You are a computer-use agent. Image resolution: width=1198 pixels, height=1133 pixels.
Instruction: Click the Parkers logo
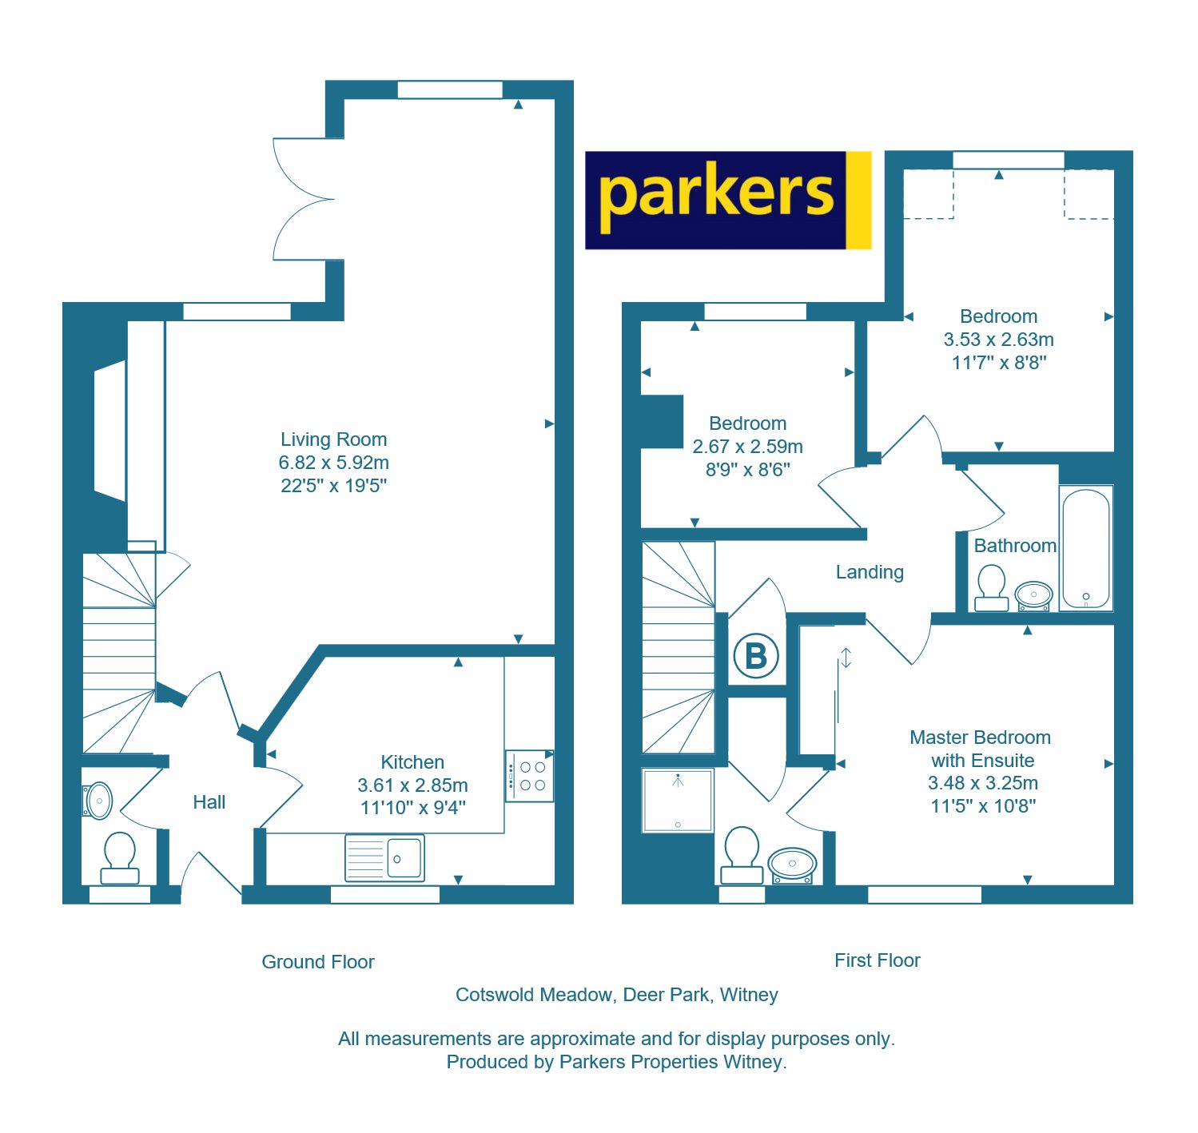click(727, 200)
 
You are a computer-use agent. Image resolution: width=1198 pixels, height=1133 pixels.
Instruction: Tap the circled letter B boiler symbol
click(755, 656)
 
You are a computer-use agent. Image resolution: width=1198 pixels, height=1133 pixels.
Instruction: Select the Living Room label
click(333, 439)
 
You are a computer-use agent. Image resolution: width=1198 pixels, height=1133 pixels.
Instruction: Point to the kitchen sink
click(384, 857)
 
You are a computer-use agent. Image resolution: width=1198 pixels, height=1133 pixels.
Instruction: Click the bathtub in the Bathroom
click(1085, 548)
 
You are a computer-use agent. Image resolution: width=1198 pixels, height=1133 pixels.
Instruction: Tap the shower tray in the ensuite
click(678, 800)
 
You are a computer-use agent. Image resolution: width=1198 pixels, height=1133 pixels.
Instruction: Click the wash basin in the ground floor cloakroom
click(98, 800)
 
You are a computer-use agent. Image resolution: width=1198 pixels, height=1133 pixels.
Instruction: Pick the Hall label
click(209, 802)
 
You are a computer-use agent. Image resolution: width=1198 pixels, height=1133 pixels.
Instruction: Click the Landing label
click(870, 572)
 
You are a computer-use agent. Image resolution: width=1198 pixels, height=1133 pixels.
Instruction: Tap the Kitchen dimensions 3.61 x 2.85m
click(412, 785)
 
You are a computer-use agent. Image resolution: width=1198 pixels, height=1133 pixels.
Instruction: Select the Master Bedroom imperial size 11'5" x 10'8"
click(983, 806)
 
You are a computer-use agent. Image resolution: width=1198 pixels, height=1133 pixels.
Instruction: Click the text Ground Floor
click(318, 962)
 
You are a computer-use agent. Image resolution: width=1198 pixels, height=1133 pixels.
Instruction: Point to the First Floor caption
click(877, 960)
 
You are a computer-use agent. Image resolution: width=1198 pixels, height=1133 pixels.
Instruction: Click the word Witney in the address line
click(749, 995)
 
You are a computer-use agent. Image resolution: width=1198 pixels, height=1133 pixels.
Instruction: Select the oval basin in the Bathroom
click(1033, 595)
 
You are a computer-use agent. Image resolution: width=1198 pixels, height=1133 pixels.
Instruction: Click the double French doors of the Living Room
click(304, 199)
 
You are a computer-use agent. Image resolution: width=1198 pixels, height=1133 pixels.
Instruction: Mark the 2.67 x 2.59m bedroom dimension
click(747, 447)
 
